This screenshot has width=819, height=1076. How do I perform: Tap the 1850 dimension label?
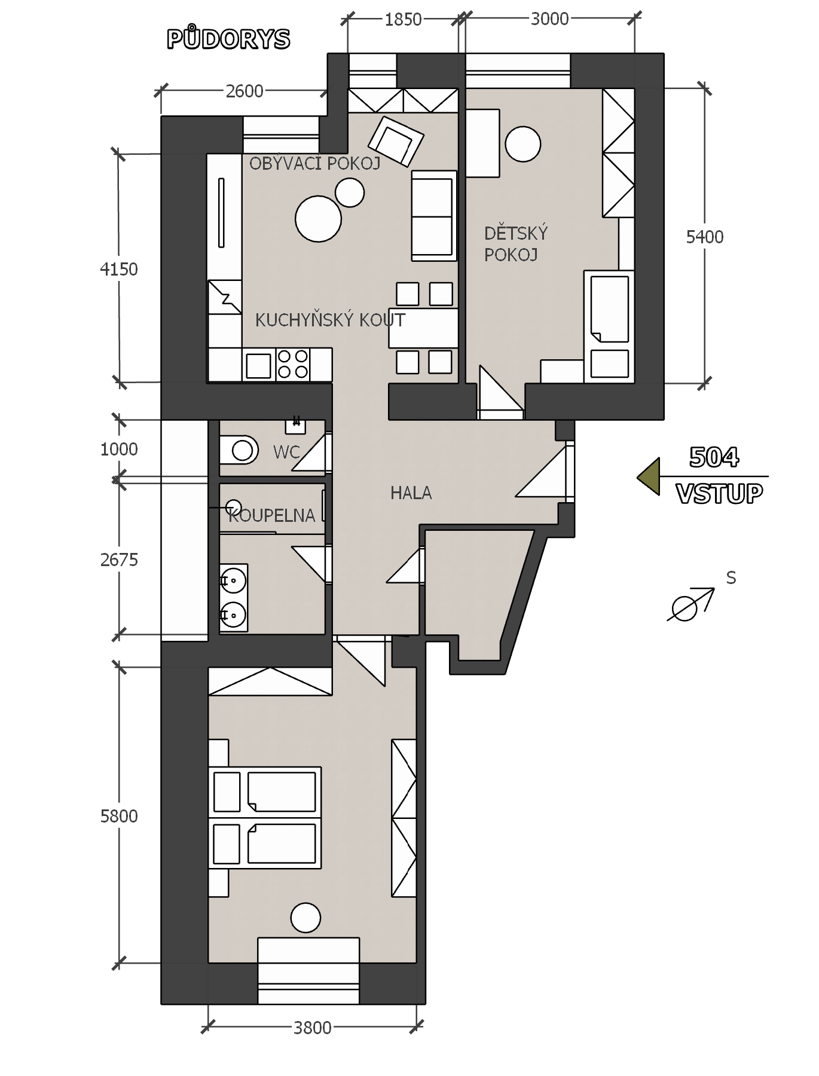403,20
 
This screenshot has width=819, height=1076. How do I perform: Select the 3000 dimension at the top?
549,19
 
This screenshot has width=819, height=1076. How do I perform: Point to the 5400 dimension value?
705,237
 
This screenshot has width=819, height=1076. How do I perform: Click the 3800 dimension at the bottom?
312,1028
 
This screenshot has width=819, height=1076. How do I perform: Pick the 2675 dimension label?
119,560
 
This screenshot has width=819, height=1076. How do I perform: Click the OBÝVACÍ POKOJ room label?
315,163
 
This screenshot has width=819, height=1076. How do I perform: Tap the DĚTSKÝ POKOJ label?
516,244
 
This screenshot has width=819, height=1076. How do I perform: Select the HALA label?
411,493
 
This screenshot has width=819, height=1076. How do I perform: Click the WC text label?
286,453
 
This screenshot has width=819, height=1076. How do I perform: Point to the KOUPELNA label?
272,515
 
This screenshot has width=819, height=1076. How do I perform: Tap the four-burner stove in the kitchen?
293,364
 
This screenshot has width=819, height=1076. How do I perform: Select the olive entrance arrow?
649,476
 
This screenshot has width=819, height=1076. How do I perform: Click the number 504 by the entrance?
714,457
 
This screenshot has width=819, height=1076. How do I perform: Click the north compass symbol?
691,604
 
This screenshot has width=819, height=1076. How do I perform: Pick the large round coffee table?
318,219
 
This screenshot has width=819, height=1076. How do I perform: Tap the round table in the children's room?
523,144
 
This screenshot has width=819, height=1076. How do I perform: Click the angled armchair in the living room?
396,141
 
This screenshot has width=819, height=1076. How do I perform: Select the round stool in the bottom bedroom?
305,918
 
